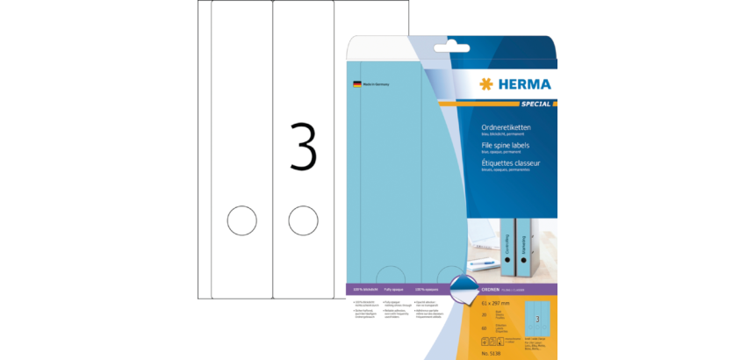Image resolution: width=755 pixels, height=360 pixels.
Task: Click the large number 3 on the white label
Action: coord(302,146)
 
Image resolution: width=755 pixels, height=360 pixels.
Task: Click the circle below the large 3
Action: coord(302,220)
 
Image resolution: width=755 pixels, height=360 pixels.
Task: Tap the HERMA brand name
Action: coord(523,84)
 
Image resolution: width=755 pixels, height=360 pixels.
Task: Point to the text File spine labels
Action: coord(505,144)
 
